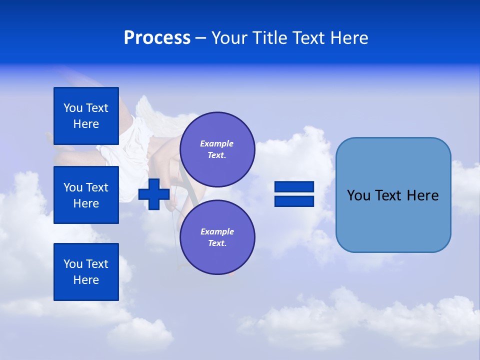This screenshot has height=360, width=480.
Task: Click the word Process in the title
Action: (x=157, y=38)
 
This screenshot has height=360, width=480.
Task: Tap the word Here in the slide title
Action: (x=349, y=38)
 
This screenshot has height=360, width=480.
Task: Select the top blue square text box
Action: (x=86, y=116)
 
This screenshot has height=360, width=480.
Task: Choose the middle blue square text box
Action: (x=86, y=195)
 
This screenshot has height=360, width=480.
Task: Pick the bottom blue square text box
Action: (x=86, y=272)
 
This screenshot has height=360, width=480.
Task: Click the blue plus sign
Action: (x=154, y=194)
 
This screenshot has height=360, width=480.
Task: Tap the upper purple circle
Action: (x=217, y=149)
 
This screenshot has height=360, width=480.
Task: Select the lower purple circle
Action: (x=217, y=237)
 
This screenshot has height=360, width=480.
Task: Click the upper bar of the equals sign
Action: (x=294, y=186)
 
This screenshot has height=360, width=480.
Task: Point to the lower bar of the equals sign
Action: (x=294, y=201)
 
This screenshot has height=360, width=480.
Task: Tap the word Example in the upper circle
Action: (x=217, y=143)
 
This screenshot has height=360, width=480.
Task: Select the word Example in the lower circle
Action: (x=217, y=231)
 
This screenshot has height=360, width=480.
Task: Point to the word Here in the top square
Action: (x=86, y=124)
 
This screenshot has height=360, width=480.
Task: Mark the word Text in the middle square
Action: (x=97, y=187)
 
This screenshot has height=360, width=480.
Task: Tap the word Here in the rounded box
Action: (x=422, y=195)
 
